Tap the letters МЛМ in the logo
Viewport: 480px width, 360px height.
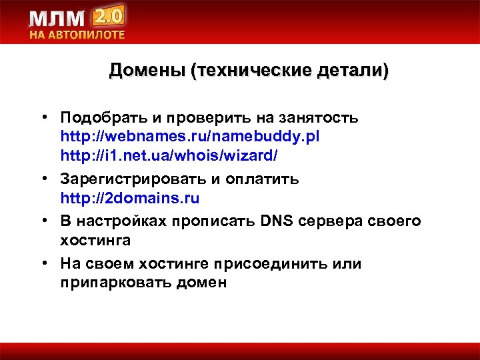tap(57, 18)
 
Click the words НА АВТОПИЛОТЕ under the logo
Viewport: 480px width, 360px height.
tap(76, 35)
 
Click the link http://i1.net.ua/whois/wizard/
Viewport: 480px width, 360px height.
tap(169, 155)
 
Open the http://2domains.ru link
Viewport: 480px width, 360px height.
tap(130, 199)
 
